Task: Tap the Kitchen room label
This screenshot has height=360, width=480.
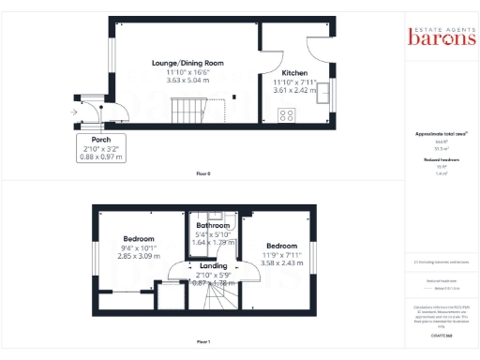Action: [295, 72]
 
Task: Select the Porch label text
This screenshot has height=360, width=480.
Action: [100, 139]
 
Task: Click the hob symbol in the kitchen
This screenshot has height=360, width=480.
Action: [286, 115]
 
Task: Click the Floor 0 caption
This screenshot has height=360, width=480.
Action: [203, 174]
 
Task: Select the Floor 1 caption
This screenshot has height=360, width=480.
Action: [203, 341]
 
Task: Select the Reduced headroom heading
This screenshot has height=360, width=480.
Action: [437, 160]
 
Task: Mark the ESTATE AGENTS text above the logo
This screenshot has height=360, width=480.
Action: [438, 26]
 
